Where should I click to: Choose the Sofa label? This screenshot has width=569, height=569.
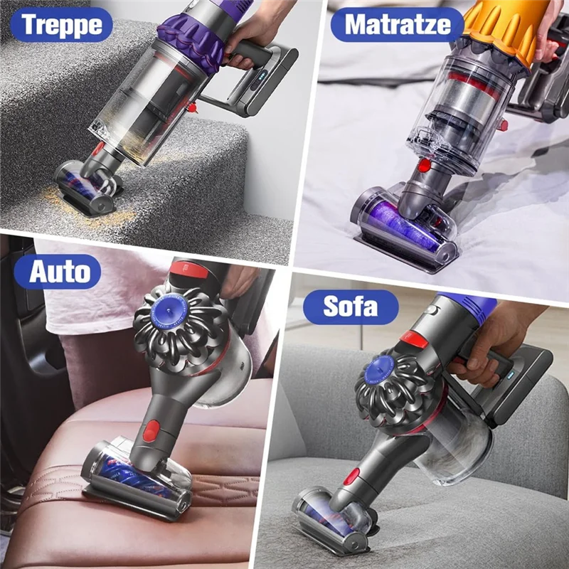[351, 307]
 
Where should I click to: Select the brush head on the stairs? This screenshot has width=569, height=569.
[88, 186]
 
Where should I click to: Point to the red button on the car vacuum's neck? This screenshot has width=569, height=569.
[152, 431]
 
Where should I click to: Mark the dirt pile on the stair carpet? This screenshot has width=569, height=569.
[78, 206]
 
